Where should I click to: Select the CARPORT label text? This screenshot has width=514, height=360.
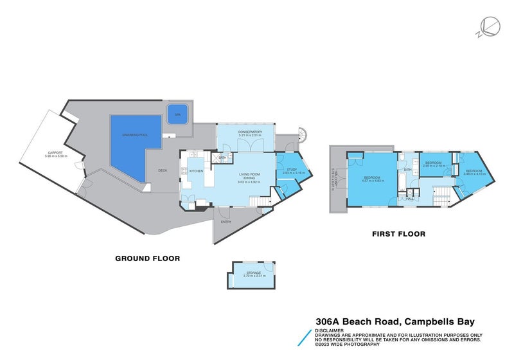coord(55,152)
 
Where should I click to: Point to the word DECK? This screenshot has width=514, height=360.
coord(163,170)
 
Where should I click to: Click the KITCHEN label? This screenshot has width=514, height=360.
coord(197,171)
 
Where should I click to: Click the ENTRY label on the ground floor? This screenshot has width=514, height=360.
coord(226,222)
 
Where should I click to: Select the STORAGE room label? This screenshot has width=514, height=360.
coord(253,273)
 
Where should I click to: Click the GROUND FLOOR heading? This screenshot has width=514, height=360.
coord(147,258)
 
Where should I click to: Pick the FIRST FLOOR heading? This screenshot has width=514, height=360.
coord(398,234)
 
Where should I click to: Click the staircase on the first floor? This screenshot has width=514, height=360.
coord(441,194)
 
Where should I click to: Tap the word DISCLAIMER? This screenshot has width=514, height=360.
coord(328,330)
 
